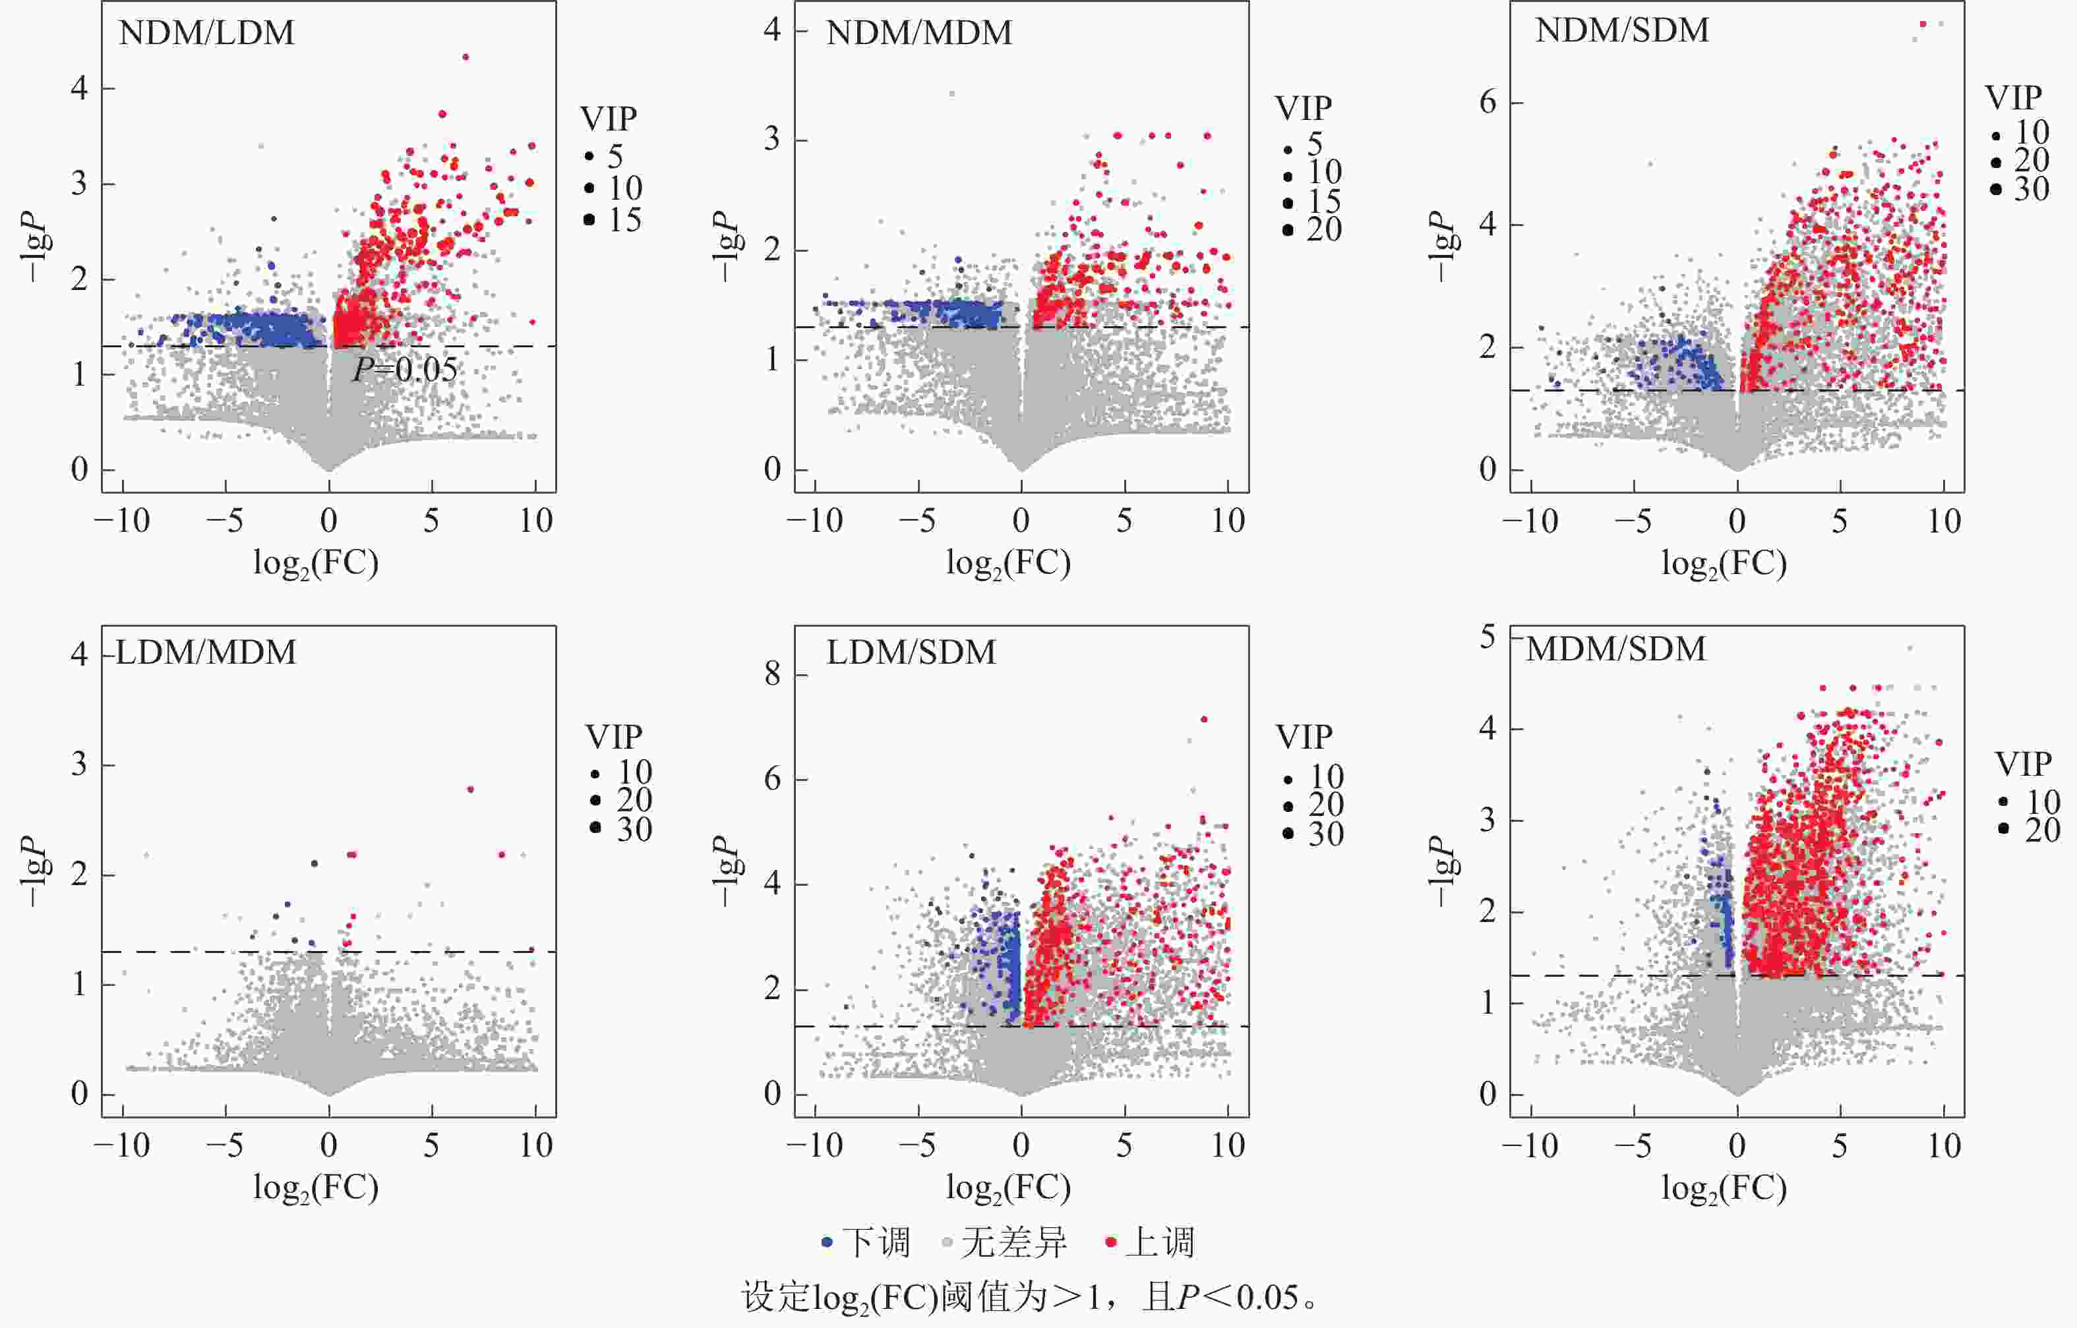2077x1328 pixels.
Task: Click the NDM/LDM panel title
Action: [206, 33]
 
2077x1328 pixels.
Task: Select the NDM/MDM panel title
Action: [918, 33]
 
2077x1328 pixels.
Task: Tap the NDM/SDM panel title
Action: [1621, 30]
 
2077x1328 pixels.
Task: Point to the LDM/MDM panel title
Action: [205, 652]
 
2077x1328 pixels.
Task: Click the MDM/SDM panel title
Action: [1615, 649]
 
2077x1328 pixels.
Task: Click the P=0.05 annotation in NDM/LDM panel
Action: [405, 369]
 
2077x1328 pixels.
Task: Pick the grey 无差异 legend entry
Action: [1005, 1242]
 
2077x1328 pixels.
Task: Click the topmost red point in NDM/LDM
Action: [465, 57]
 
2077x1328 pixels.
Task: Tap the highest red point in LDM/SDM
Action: [1204, 719]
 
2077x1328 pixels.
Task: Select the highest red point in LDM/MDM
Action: [470, 789]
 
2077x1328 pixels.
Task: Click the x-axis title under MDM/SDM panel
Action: [1724, 1188]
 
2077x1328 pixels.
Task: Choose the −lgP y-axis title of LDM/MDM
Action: [34, 871]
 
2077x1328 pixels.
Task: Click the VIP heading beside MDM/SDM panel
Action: [2023, 764]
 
